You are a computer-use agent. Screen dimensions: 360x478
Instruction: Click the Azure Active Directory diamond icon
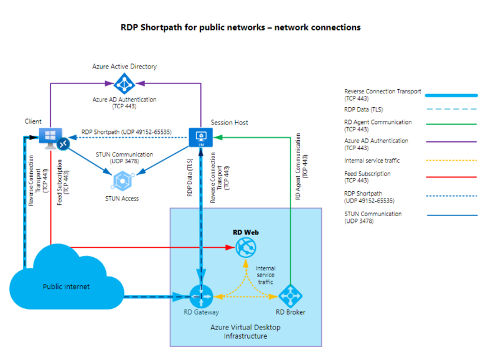125,83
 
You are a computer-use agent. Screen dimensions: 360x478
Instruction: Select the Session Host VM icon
201,137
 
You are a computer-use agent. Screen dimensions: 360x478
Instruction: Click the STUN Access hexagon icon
121,181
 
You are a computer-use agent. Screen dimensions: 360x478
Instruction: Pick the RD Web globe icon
246,248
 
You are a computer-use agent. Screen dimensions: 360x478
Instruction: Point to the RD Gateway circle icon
202,296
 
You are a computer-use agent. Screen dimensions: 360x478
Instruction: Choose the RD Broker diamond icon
289,296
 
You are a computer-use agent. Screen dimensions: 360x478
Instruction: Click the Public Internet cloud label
66,287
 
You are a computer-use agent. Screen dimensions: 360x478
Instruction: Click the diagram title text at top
240,27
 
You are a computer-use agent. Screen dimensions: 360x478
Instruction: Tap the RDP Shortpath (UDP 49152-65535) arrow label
126,132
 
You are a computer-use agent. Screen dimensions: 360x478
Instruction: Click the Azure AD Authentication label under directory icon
125,103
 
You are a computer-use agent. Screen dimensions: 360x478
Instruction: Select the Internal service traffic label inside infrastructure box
265,275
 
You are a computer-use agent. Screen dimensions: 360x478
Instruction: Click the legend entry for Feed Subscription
367,178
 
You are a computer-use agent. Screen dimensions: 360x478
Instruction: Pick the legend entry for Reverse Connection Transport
382,95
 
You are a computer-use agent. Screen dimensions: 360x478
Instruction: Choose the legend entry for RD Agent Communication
377,126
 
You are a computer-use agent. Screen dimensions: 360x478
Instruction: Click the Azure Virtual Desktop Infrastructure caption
246,331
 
